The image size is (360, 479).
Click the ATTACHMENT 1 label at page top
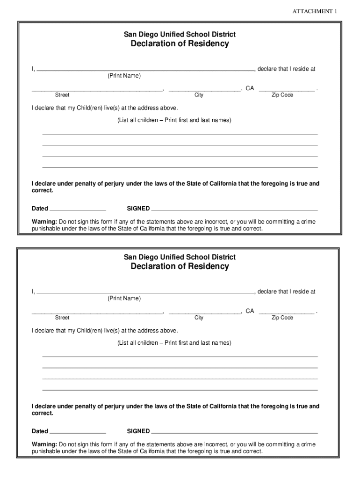pos(315,11)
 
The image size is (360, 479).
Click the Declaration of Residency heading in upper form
pos(180,44)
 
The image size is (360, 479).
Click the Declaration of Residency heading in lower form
pos(180,267)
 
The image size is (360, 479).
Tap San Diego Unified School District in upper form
pos(180,34)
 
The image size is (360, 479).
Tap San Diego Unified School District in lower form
pos(180,257)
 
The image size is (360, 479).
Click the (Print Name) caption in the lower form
pos(124,298)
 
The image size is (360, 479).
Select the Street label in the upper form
pos(62,95)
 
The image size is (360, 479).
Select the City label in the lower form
pos(199,318)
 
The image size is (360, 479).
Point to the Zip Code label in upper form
pos(282,95)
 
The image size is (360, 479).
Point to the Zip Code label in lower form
pos(282,318)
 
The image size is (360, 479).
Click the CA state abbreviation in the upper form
pos(250,88)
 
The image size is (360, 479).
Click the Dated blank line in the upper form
pos(78,210)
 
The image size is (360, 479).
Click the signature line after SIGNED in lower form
pos(235,433)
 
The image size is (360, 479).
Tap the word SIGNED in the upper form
pos(138,209)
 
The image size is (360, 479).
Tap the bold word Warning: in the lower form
pos(44,444)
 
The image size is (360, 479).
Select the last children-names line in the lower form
pos(180,390)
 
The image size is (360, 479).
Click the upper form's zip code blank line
pos(287,90)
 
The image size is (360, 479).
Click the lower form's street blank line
pos(97,312)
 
